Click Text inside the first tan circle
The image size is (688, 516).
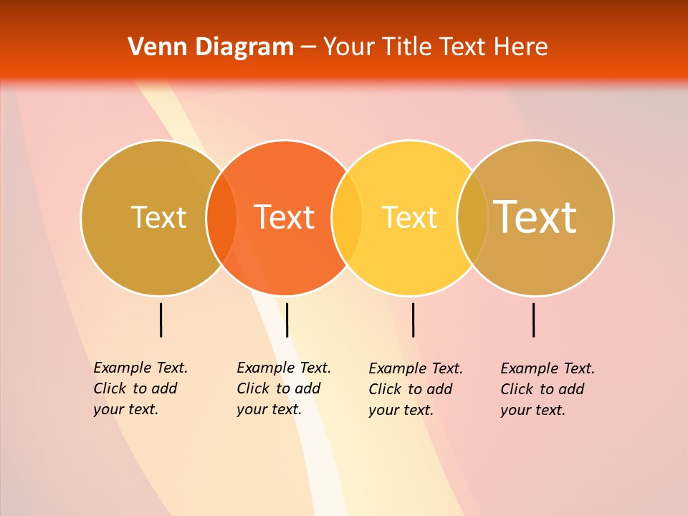point(158,217)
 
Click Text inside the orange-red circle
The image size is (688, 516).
point(285,217)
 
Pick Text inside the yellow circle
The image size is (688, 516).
point(409,217)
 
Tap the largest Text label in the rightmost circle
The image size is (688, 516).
point(535,217)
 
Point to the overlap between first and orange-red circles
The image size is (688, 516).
point(221,217)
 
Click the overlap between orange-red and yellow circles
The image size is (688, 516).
point(347,217)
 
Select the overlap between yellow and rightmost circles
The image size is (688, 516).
point(472,217)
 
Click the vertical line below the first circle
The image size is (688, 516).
point(161,320)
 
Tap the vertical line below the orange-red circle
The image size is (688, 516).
point(287,320)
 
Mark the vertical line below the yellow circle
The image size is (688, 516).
point(413,320)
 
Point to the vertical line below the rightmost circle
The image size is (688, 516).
point(534,320)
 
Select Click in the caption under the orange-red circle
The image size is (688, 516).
point(253,388)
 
